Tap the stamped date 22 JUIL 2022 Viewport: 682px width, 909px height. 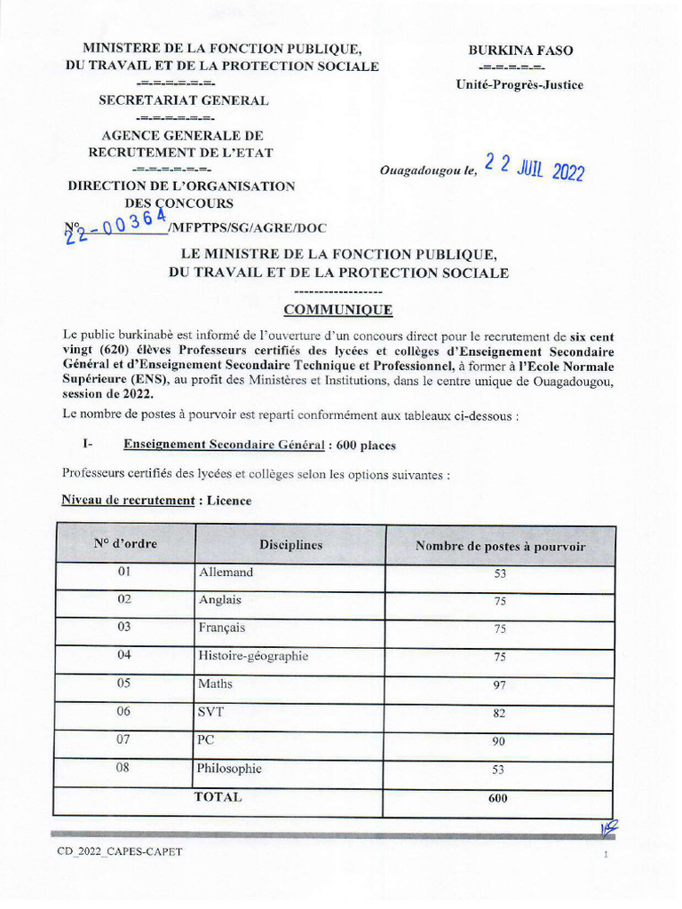pos(534,167)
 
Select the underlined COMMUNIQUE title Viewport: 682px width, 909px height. pos(337,310)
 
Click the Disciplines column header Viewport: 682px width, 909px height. pos(290,545)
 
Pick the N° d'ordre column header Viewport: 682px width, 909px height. pos(125,544)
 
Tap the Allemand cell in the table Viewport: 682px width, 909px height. pos(226,573)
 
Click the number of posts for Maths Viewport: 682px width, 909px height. pos(500,685)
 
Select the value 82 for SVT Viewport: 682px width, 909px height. pos(500,713)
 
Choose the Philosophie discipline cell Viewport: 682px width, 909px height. pos(230,769)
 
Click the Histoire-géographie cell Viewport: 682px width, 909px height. pos(254,656)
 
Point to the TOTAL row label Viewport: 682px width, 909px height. pos(218,797)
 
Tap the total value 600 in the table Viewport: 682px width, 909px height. pos(498,798)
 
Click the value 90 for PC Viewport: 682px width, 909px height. pos(500,741)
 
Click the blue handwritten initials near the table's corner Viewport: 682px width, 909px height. pos(609,828)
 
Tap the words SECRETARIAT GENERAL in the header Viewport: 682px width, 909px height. pos(183,100)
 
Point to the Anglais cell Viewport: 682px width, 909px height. pos(220,600)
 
